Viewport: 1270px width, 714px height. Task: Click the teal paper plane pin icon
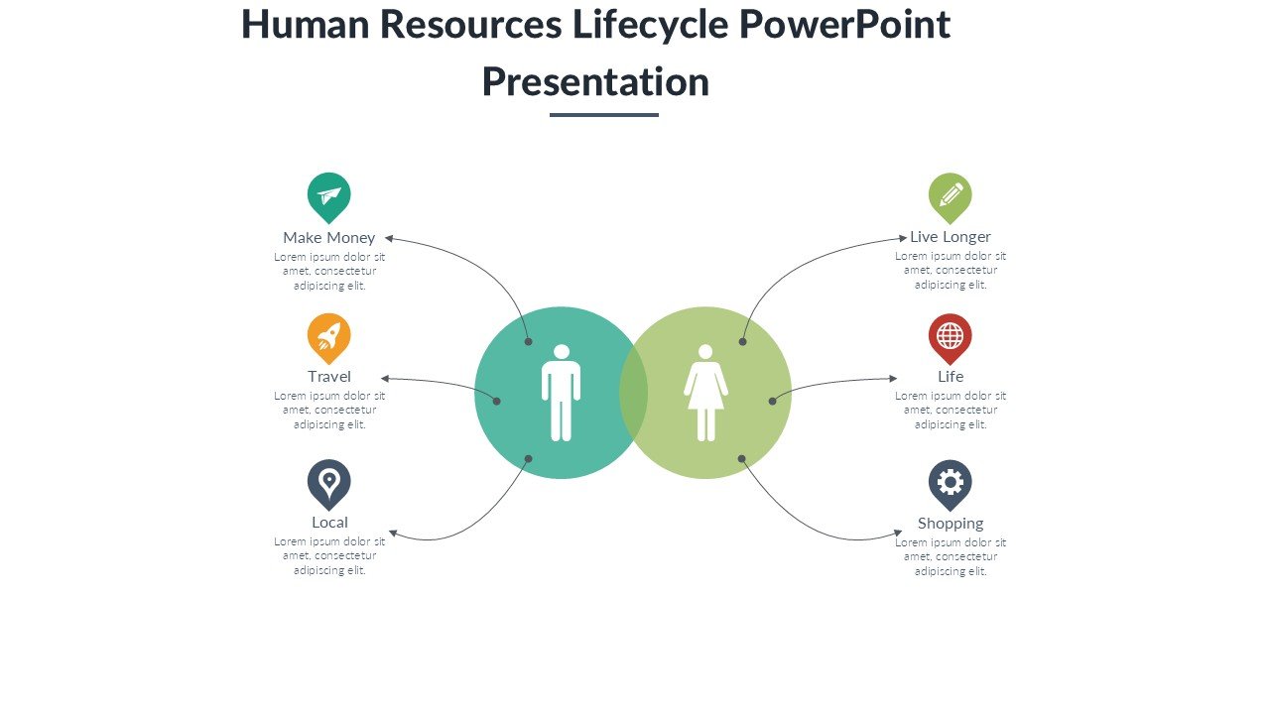point(328,194)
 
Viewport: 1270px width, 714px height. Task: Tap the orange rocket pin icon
point(328,336)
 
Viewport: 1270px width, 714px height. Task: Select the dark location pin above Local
point(328,483)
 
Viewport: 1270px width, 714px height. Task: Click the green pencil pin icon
point(950,194)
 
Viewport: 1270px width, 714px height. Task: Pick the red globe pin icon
point(950,336)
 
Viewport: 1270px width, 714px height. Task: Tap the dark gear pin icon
point(950,483)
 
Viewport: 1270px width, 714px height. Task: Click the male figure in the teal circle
point(561,393)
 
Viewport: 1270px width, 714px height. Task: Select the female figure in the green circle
point(705,393)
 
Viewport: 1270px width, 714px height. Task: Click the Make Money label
point(328,237)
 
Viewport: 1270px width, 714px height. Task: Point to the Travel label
point(328,377)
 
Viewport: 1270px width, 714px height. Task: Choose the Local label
point(329,523)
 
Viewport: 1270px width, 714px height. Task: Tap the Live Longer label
point(951,237)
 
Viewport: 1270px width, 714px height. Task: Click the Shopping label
point(951,524)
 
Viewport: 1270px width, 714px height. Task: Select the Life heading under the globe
point(951,377)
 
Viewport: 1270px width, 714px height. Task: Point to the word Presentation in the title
point(595,82)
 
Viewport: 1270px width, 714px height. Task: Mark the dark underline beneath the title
point(603,115)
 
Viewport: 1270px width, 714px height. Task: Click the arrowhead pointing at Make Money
point(389,238)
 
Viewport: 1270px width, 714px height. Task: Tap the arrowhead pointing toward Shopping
point(898,533)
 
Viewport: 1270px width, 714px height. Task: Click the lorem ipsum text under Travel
point(329,410)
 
